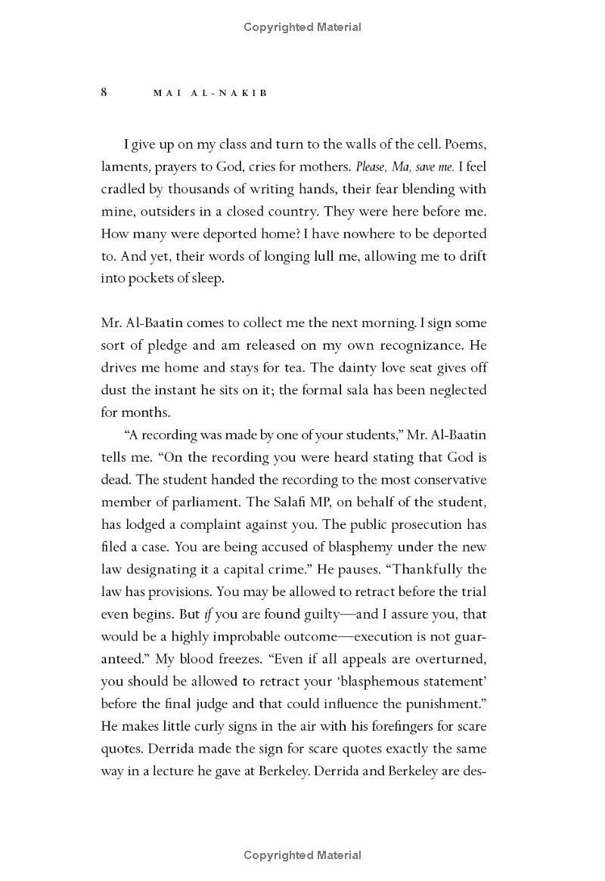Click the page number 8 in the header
[x=104, y=92]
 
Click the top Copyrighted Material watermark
[x=302, y=27]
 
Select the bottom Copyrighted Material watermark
[x=302, y=855]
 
